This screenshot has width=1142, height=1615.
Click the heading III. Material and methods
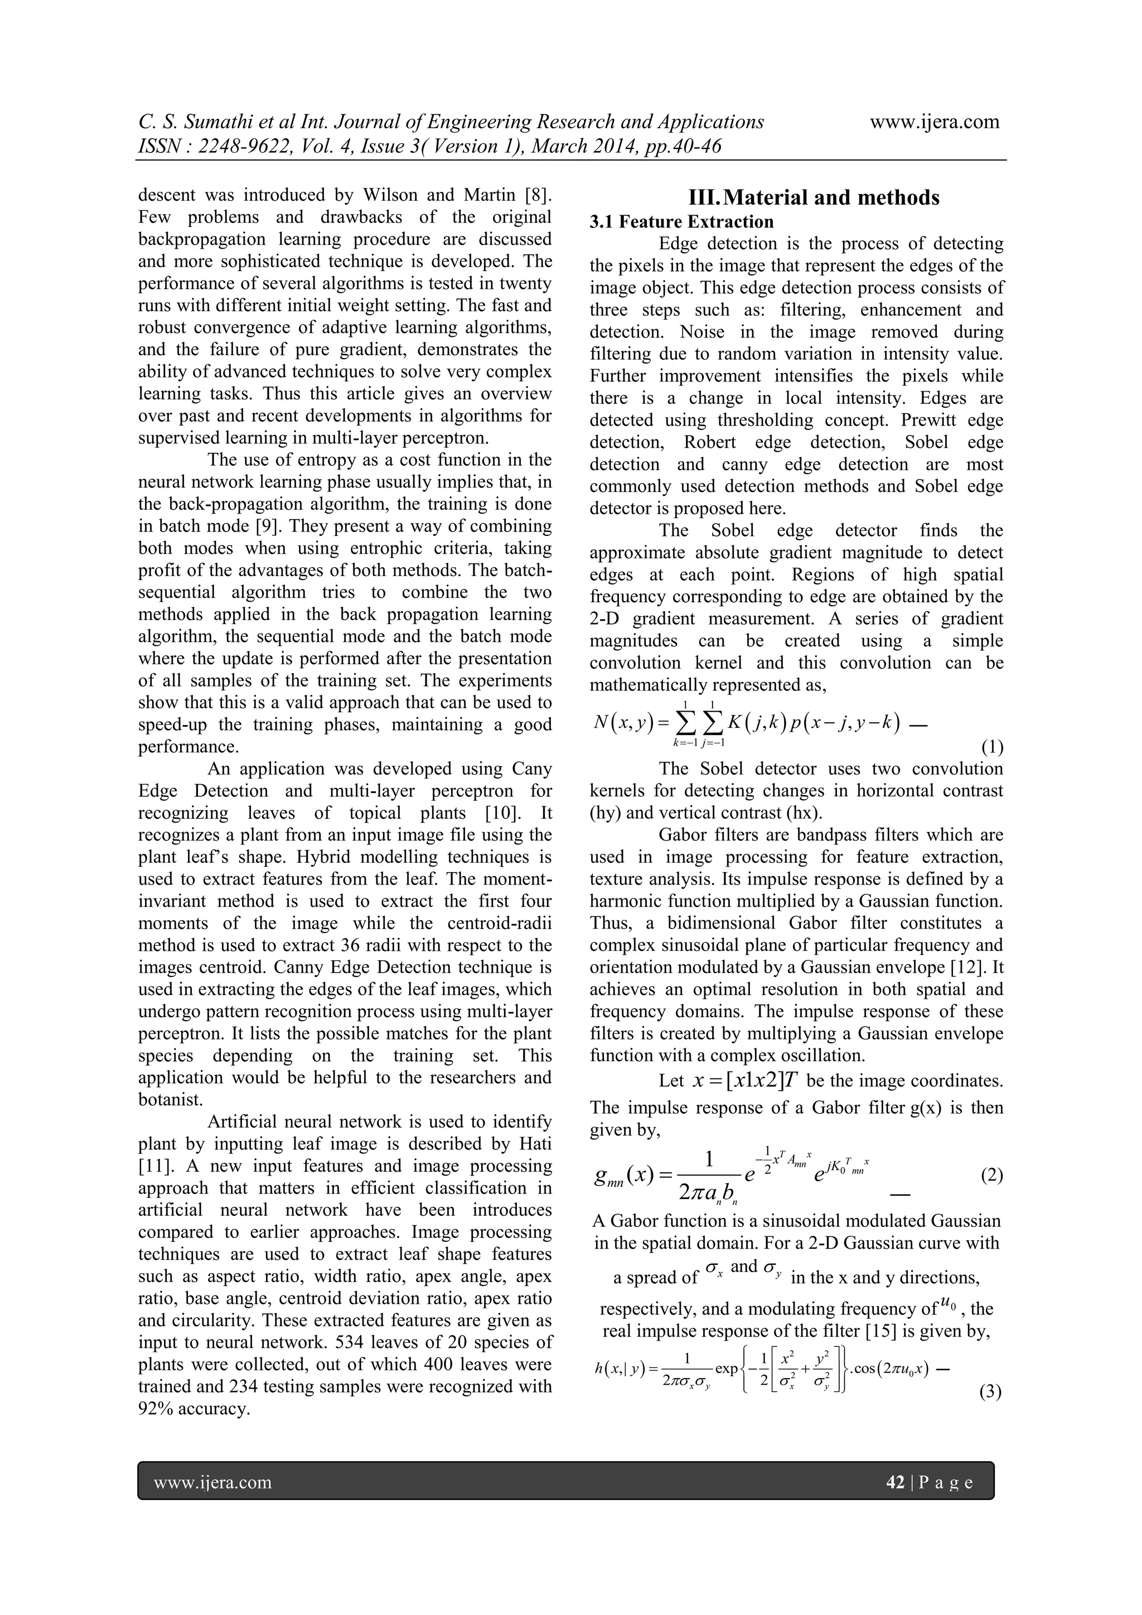pyautogui.click(x=797, y=197)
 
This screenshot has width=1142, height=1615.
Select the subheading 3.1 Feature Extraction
pyautogui.click(x=681, y=223)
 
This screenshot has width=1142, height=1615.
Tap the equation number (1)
pyautogui.click(x=991, y=747)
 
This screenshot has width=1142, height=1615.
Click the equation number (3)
pyautogui.click(x=990, y=1392)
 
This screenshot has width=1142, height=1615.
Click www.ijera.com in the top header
pyautogui.click(x=935, y=122)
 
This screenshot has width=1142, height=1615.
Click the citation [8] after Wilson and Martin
pyautogui.click(x=539, y=195)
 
